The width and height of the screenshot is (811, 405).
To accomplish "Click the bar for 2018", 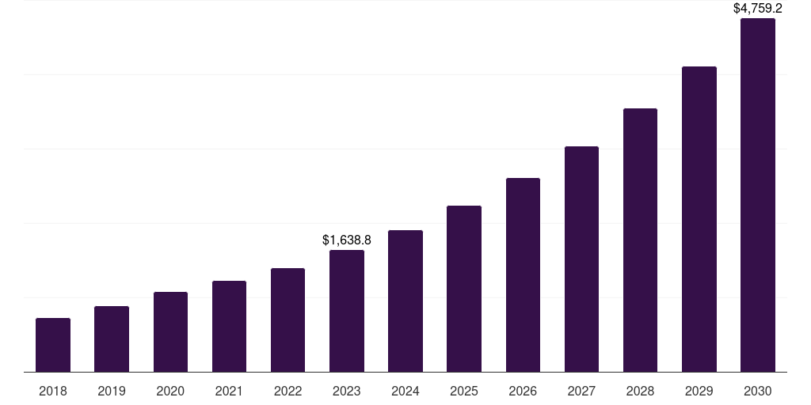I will click(x=53, y=345).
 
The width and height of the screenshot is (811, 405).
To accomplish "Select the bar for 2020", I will click(x=170, y=332).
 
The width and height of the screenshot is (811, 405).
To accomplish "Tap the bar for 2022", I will click(x=287, y=320).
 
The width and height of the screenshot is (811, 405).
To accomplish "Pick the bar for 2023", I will click(x=347, y=311).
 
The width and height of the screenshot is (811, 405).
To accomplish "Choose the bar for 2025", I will click(x=464, y=289).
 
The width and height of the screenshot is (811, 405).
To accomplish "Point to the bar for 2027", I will click(x=581, y=259).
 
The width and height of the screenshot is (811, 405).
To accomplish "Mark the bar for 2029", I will click(x=699, y=219).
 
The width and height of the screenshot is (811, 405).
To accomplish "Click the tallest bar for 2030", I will click(x=758, y=195).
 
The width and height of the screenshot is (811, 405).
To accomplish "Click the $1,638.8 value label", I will click(x=347, y=240).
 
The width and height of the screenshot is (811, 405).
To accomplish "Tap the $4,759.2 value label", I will click(x=758, y=9).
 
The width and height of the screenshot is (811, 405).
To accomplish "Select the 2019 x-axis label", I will click(x=112, y=391).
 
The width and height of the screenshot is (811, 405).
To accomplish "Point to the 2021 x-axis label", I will click(x=229, y=391).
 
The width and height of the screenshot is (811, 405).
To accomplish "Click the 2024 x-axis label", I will click(x=405, y=391).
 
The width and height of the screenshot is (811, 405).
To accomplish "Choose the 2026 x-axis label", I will click(x=523, y=391).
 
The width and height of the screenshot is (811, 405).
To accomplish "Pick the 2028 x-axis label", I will click(x=640, y=391).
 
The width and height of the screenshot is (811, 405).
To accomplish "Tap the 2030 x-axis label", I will click(x=758, y=391).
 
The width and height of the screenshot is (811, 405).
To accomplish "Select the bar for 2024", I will click(x=405, y=301).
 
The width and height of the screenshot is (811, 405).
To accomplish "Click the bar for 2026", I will click(x=523, y=275).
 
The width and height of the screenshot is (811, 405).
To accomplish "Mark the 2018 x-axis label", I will click(x=53, y=391).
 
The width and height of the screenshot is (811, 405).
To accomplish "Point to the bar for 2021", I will click(x=229, y=327).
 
